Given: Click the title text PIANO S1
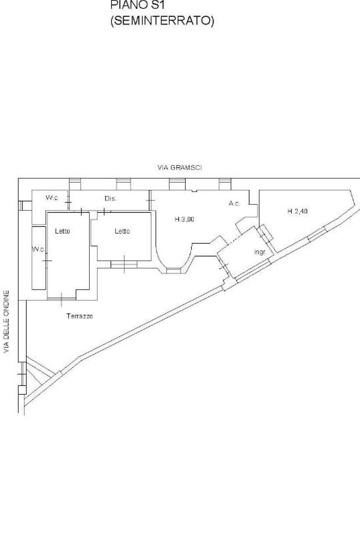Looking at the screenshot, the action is pyautogui.click(x=138, y=5).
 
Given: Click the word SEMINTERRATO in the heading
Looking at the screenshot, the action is pyautogui.click(x=162, y=21).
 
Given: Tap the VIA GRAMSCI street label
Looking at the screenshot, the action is pyautogui.click(x=179, y=167).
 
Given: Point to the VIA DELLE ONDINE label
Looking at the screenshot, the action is pyautogui.click(x=7, y=322).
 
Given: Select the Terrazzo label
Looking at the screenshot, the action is pyautogui.click(x=80, y=316).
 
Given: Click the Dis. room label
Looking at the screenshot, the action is pyautogui.click(x=110, y=199).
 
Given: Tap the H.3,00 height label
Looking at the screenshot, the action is pyautogui.click(x=184, y=220).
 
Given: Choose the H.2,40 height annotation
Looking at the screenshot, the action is pyautogui.click(x=298, y=211).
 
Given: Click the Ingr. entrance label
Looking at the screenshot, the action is pyautogui.click(x=260, y=252).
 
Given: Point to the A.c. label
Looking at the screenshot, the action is pyautogui.click(x=234, y=203).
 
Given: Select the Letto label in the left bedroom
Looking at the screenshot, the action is pyautogui.click(x=62, y=231).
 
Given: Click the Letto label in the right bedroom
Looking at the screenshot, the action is pyautogui.click(x=122, y=231).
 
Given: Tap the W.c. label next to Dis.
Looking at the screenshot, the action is pyautogui.click(x=52, y=198).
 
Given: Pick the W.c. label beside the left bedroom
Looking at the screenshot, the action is pyautogui.click(x=38, y=249).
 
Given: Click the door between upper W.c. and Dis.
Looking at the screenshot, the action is pyautogui.click(x=68, y=202).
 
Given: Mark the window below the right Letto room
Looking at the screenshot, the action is pyautogui.click(x=124, y=264).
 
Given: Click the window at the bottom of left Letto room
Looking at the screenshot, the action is pyautogui.click(x=62, y=299).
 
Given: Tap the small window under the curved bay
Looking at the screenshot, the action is pyautogui.click(x=173, y=271).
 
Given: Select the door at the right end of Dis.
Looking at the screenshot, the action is pyautogui.click(x=150, y=200).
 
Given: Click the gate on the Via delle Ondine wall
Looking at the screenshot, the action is pyautogui.click(x=22, y=374).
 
